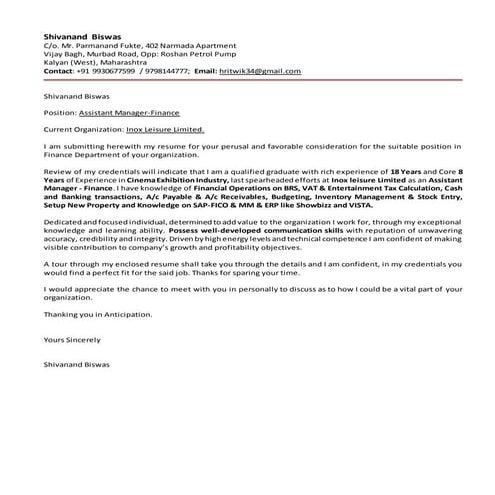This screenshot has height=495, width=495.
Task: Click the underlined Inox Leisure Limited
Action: coord(168,130)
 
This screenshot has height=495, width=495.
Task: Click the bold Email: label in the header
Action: coord(204,72)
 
